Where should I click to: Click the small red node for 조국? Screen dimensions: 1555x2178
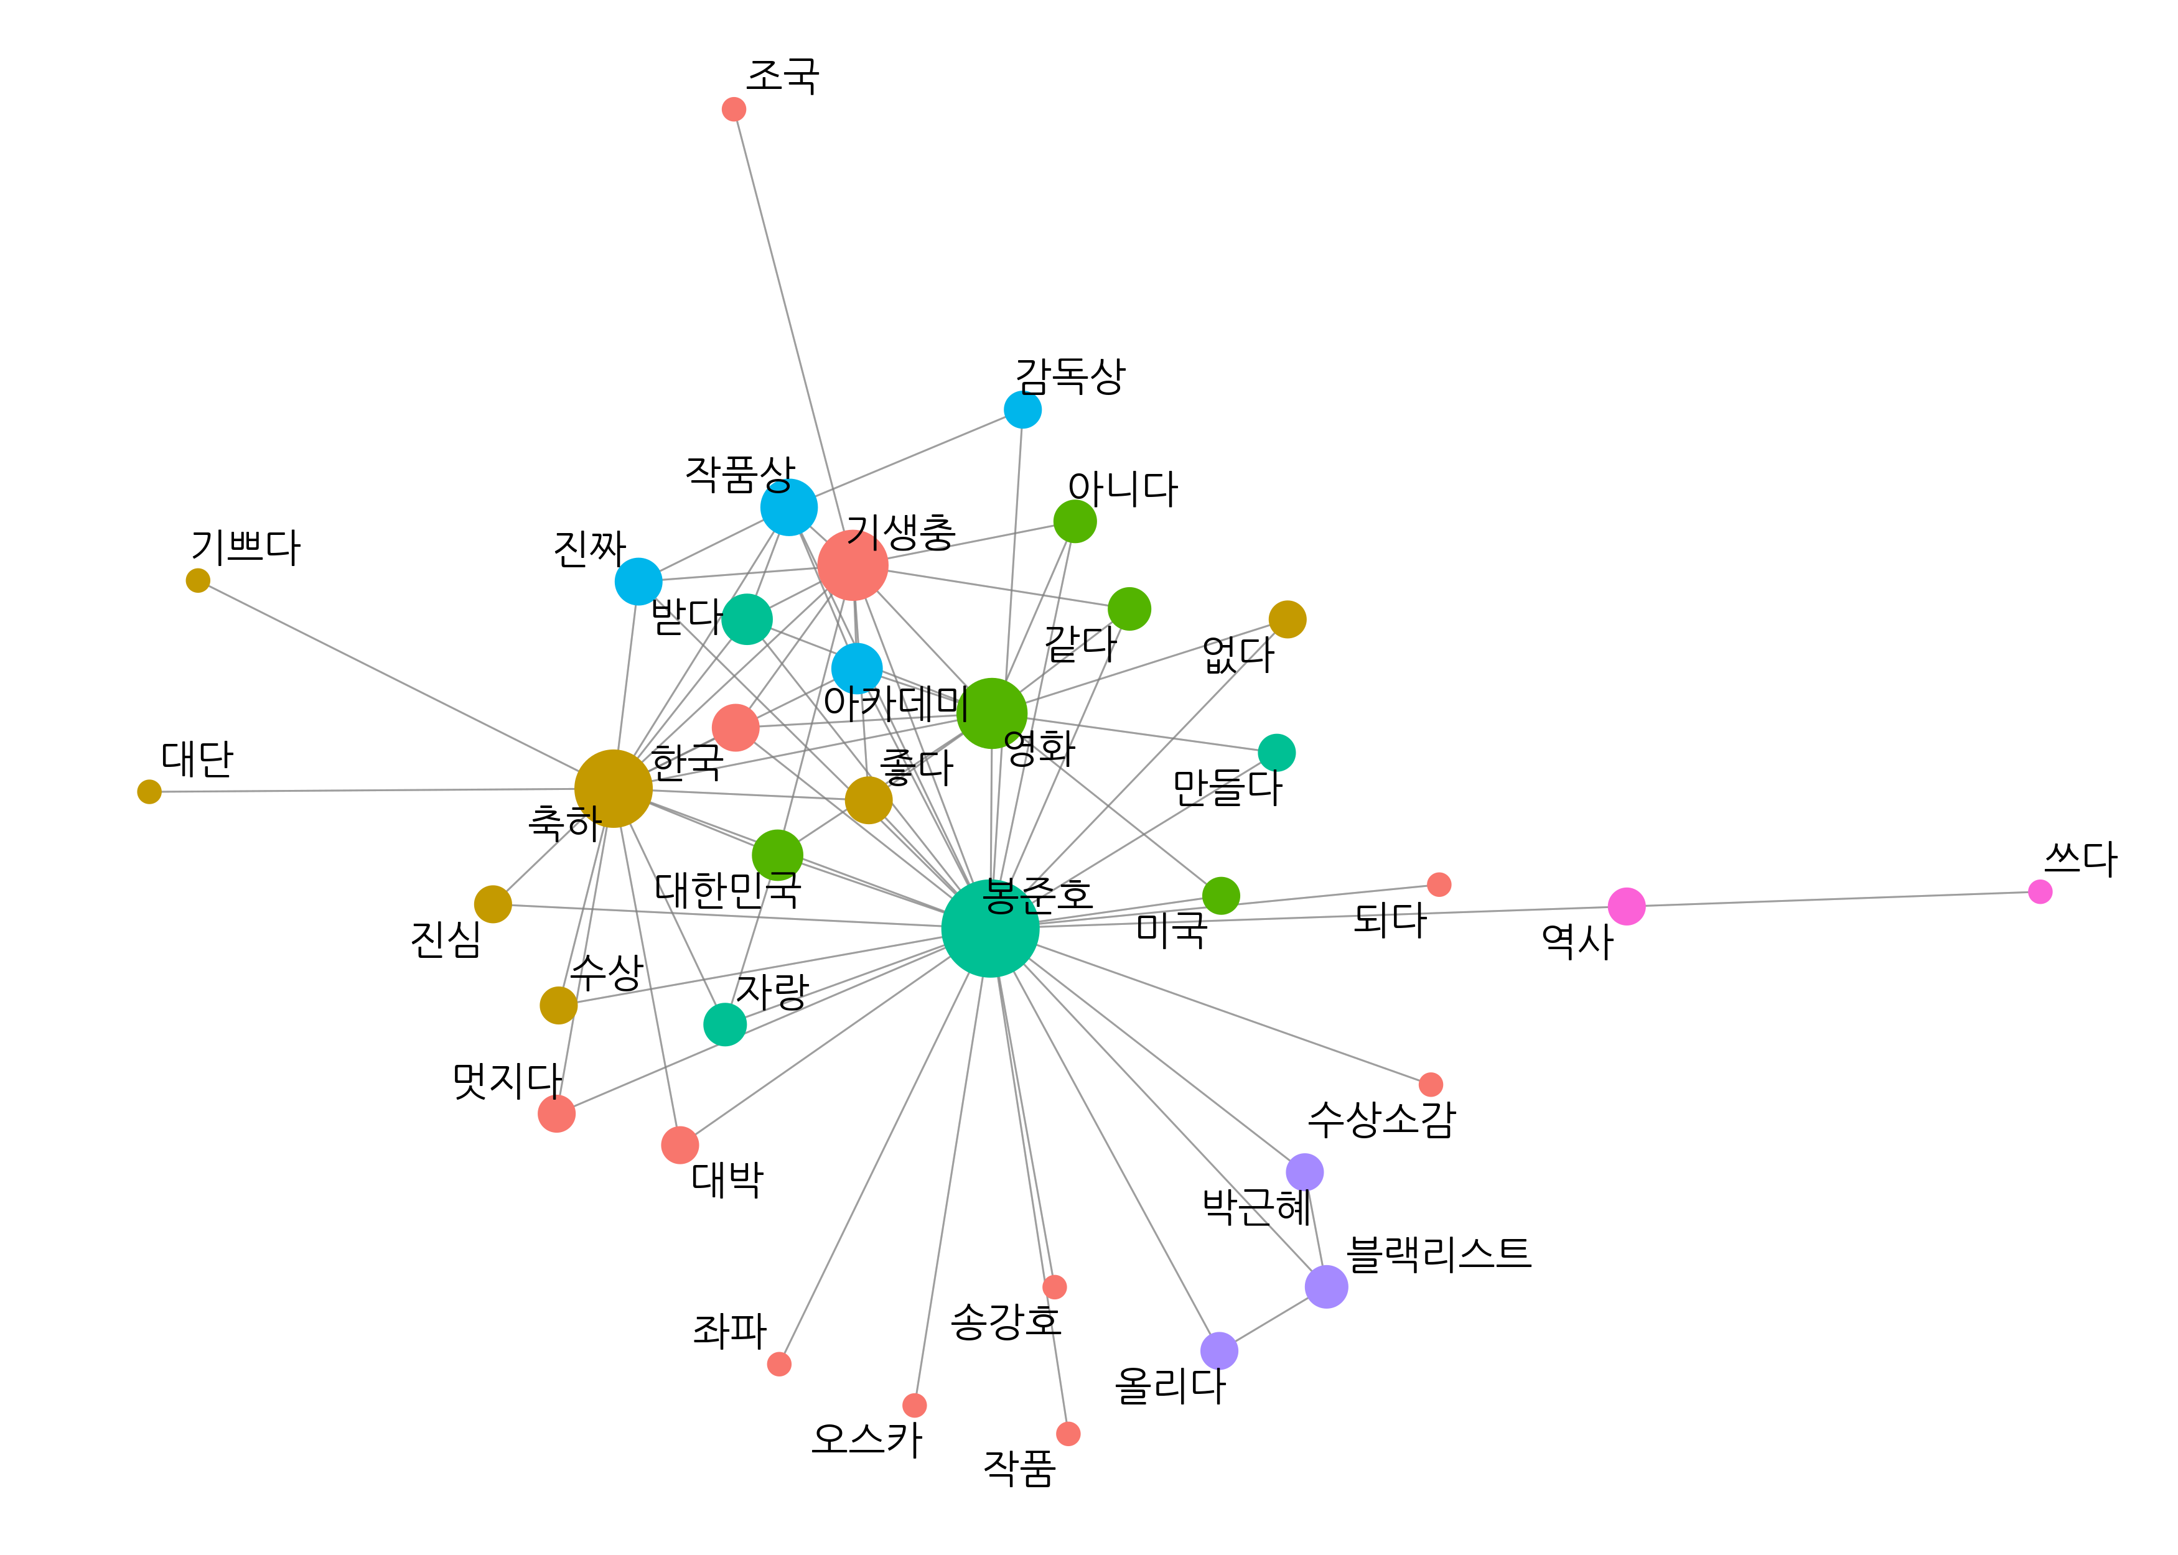[x=734, y=109]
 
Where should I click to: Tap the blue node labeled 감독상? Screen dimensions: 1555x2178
[x=1022, y=410]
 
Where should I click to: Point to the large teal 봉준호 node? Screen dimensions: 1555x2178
[x=989, y=928]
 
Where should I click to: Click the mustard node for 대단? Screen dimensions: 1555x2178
[x=149, y=792]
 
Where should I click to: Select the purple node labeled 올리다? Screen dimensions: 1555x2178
[x=1219, y=1351]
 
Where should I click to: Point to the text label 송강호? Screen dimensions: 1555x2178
[x=1006, y=1321]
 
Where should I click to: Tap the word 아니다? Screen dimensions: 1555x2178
[x=1123, y=488]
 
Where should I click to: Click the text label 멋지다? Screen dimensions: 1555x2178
[x=507, y=1081]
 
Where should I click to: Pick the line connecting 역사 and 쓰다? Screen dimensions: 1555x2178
[x=1833, y=899]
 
